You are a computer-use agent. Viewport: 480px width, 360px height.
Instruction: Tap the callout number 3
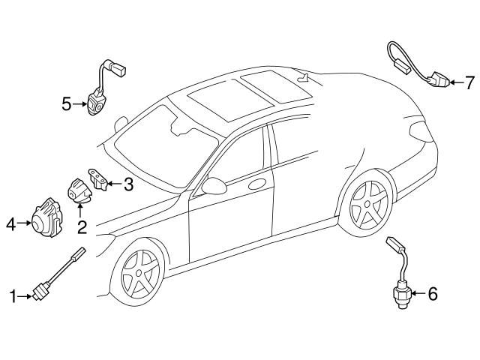tap(128, 184)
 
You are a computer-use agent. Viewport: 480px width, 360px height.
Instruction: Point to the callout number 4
tap(10, 223)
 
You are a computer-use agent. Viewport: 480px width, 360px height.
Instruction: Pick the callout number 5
tap(66, 104)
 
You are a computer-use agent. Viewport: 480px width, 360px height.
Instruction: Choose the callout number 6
tap(431, 294)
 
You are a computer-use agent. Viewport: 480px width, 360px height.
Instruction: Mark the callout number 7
tap(470, 81)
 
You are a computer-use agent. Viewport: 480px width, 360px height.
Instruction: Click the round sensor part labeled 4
tap(47, 217)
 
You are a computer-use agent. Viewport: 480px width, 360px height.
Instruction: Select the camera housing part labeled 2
tap(80, 190)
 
